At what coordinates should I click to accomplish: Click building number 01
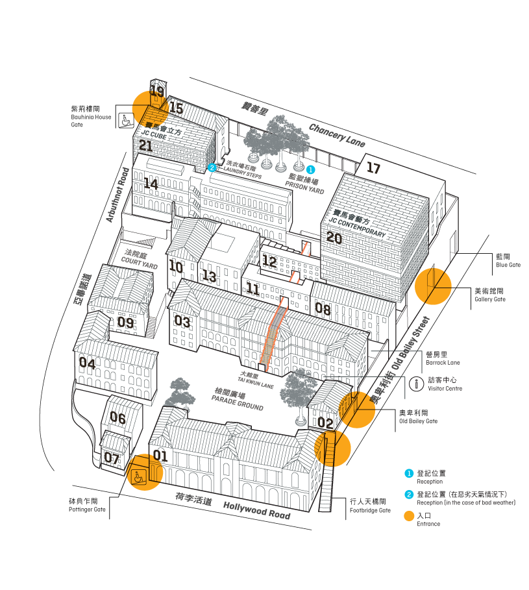160,456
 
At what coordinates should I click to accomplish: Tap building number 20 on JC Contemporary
334,238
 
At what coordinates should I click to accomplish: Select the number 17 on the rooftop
373,169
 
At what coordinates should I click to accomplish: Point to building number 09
126,322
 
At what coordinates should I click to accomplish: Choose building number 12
269,262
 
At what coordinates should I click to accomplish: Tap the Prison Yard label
306,186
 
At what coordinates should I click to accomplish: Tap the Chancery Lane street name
337,134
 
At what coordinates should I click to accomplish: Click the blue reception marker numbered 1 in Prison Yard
310,169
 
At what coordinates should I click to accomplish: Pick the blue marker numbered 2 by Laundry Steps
212,167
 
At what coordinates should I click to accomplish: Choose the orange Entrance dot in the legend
408,516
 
